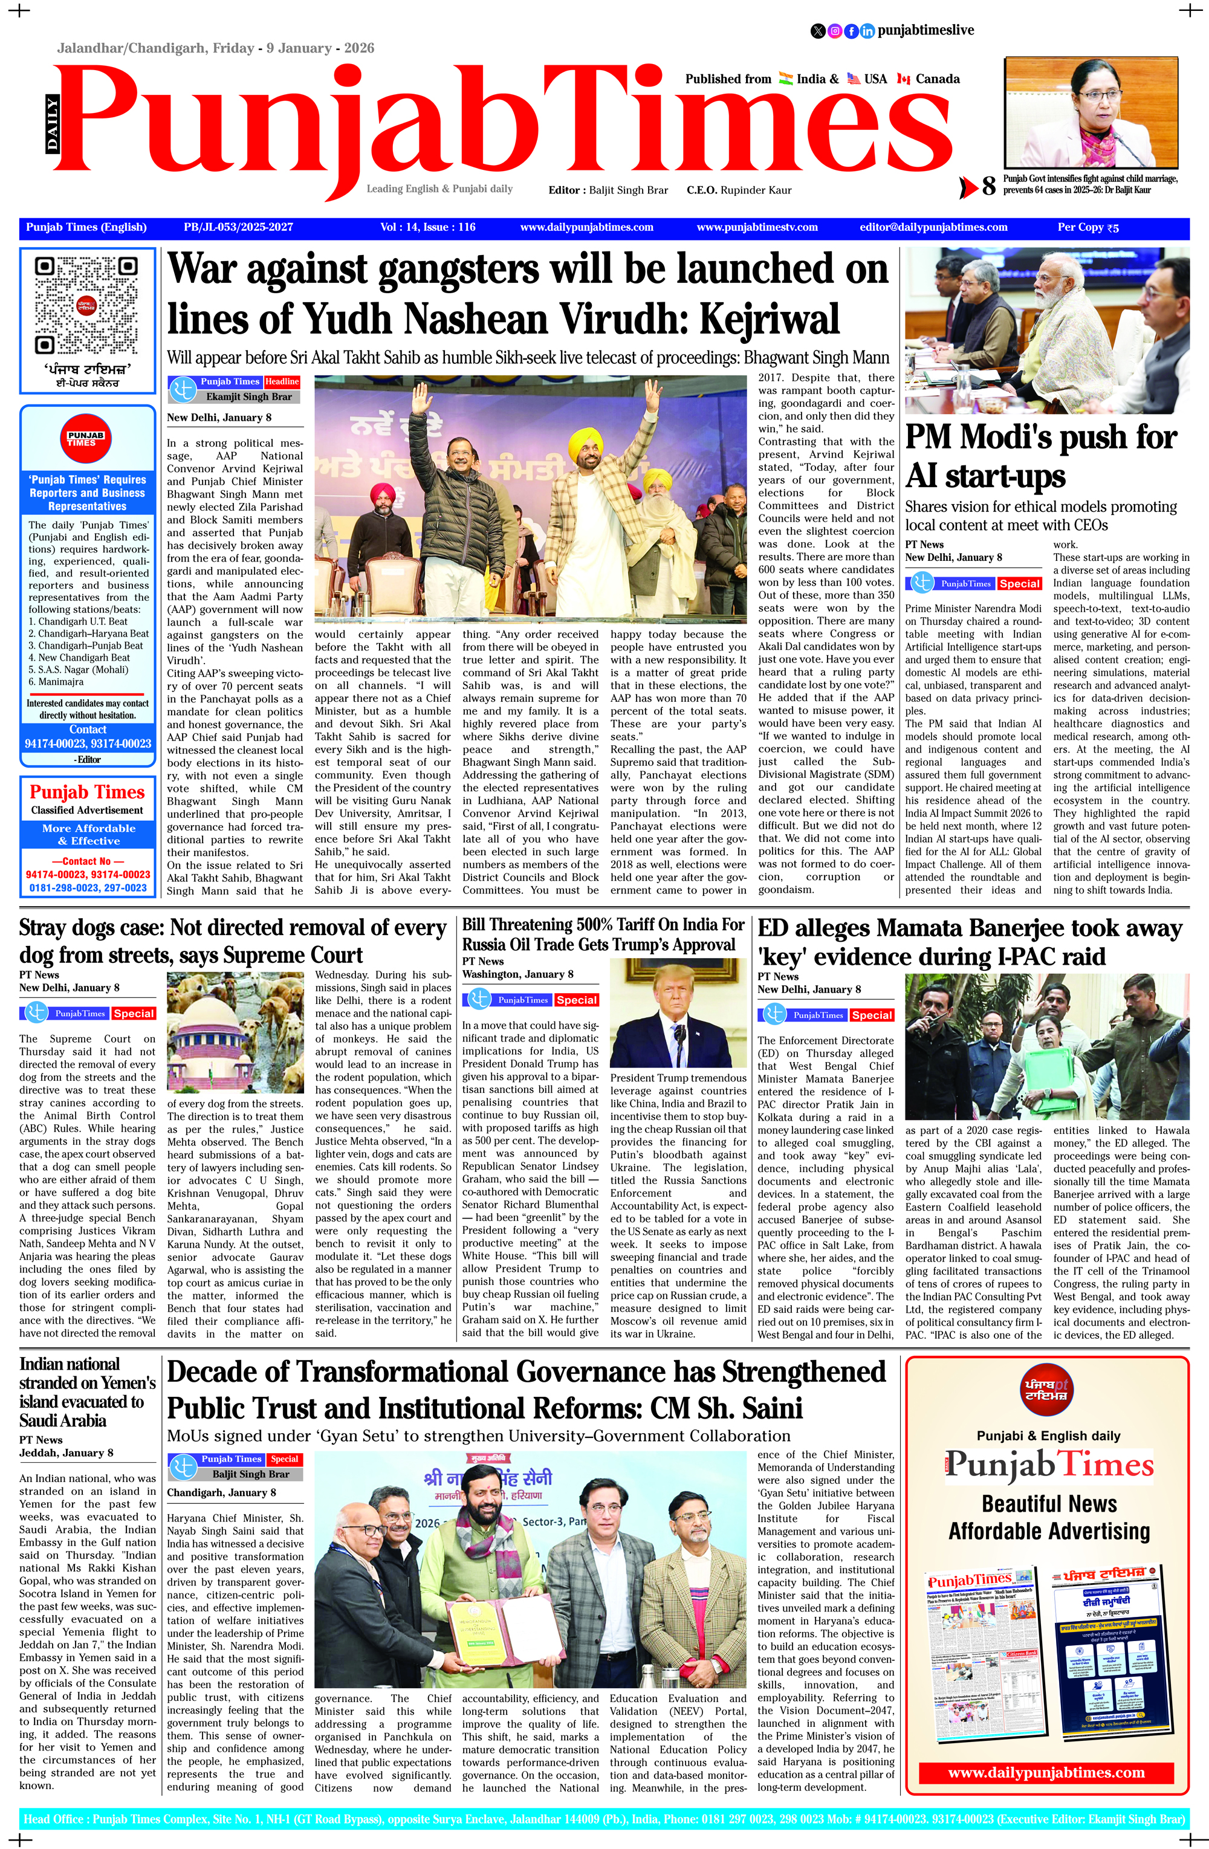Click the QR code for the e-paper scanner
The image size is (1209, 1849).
[x=87, y=305]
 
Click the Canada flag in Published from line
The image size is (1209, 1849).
[x=903, y=79]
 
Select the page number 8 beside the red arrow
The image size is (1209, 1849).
[x=988, y=186]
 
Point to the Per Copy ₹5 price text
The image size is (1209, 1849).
[x=1087, y=228]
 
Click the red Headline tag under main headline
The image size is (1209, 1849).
[x=281, y=382]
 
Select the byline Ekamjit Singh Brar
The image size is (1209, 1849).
[x=248, y=397]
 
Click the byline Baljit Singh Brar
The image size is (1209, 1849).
[x=250, y=1474]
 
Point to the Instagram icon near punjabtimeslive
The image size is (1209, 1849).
[x=834, y=31]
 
